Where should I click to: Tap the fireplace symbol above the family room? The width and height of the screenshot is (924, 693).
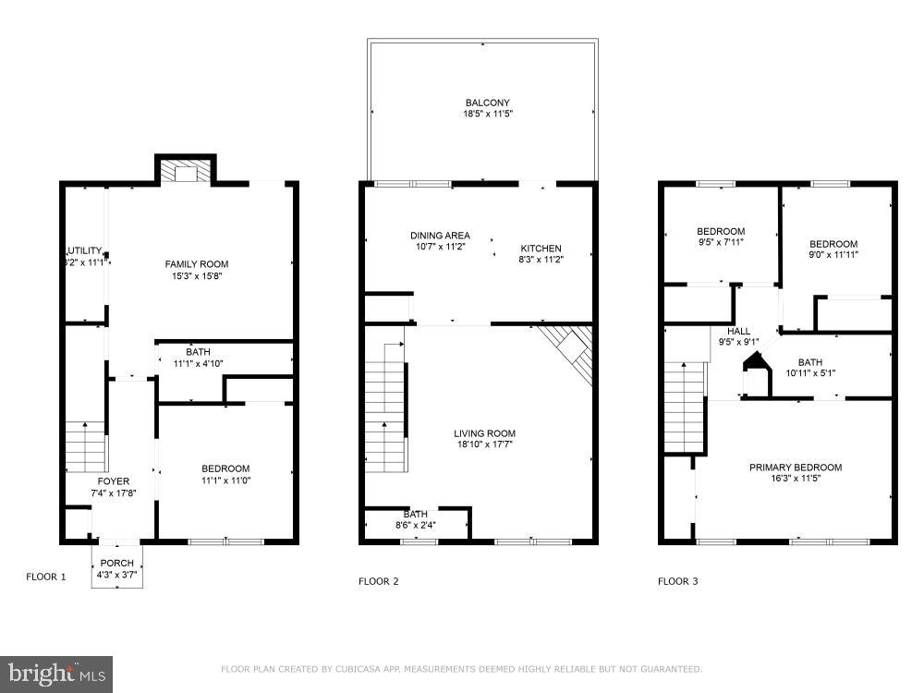coord(186,173)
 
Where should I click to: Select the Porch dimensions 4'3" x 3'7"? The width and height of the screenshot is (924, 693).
coord(116,576)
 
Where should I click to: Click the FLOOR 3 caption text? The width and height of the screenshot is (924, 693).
coord(678,581)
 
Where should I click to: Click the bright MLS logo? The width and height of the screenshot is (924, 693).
coord(56,674)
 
